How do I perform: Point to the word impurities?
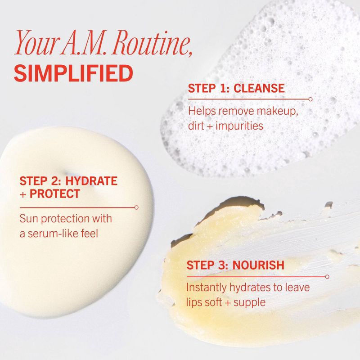pyautogui.click(x=239, y=126)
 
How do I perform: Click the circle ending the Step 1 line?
pyautogui.click(x=310, y=99)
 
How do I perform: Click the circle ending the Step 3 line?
pyautogui.click(x=327, y=277)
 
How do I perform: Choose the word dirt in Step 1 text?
pyautogui.click(x=197, y=126)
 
